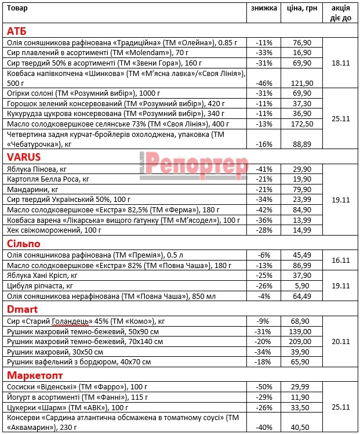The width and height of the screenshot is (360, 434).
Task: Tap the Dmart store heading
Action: click(22, 308)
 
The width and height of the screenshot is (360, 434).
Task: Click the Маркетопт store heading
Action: click(34, 374)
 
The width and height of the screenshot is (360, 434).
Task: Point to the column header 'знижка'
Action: click(264, 8)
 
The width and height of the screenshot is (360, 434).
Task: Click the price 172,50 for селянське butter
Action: click(302, 124)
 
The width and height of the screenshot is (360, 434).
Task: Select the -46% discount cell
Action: click(264, 84)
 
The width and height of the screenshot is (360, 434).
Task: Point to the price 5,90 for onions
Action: click(302, 286)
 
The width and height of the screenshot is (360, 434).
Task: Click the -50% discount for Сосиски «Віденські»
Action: click(264, 386)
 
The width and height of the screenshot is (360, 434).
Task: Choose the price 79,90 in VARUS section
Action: click(302, 189)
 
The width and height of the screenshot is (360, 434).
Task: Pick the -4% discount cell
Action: click(264, 296)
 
